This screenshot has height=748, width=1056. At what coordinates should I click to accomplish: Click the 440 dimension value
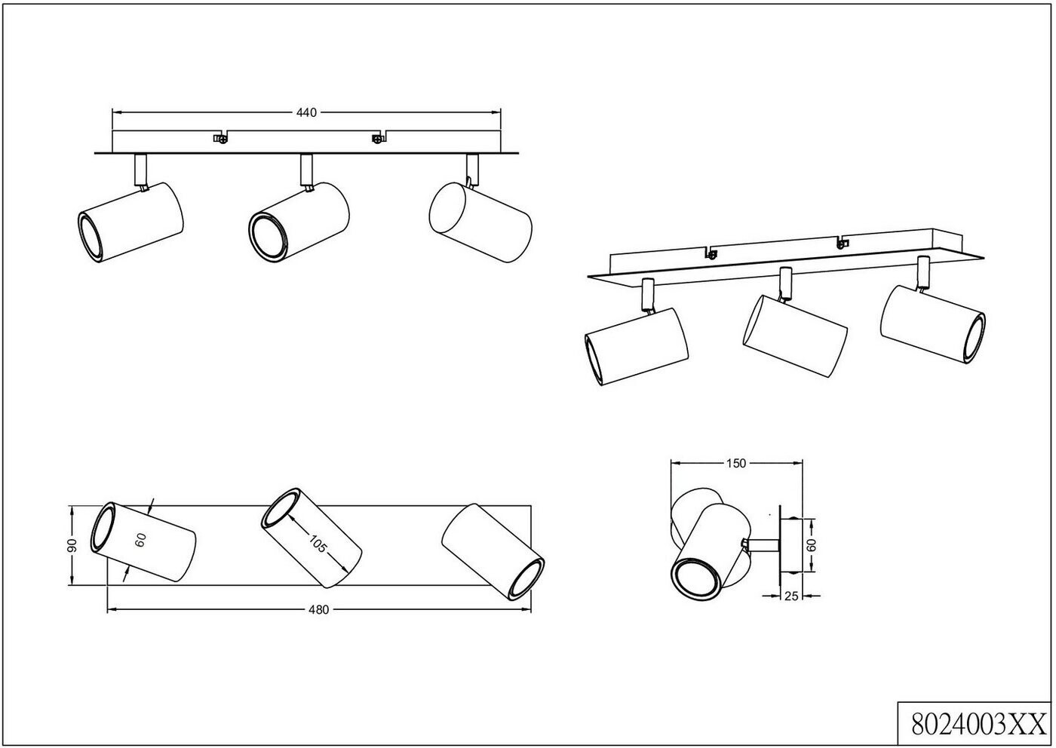coord(305,112)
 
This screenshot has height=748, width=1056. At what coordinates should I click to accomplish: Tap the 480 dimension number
coord(319,610)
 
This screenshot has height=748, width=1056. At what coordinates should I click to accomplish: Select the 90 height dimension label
coord(73,545)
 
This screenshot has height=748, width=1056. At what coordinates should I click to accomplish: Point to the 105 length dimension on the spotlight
coord(318,543)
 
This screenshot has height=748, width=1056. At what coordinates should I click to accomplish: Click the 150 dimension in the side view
coord(736,464)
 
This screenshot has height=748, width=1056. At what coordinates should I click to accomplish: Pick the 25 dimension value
coord(791,596)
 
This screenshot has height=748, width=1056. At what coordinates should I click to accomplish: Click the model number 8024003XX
coord(975,725)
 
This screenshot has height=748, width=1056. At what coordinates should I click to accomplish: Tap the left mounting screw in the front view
coord(220,138)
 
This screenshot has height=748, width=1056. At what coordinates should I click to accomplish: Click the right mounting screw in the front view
coord(376,138)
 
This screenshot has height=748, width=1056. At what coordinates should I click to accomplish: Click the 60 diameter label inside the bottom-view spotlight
coord(140,538)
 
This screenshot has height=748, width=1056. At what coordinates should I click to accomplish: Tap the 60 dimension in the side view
coord(812,544)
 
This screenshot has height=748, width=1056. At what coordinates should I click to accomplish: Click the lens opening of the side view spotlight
coord(695,579)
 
